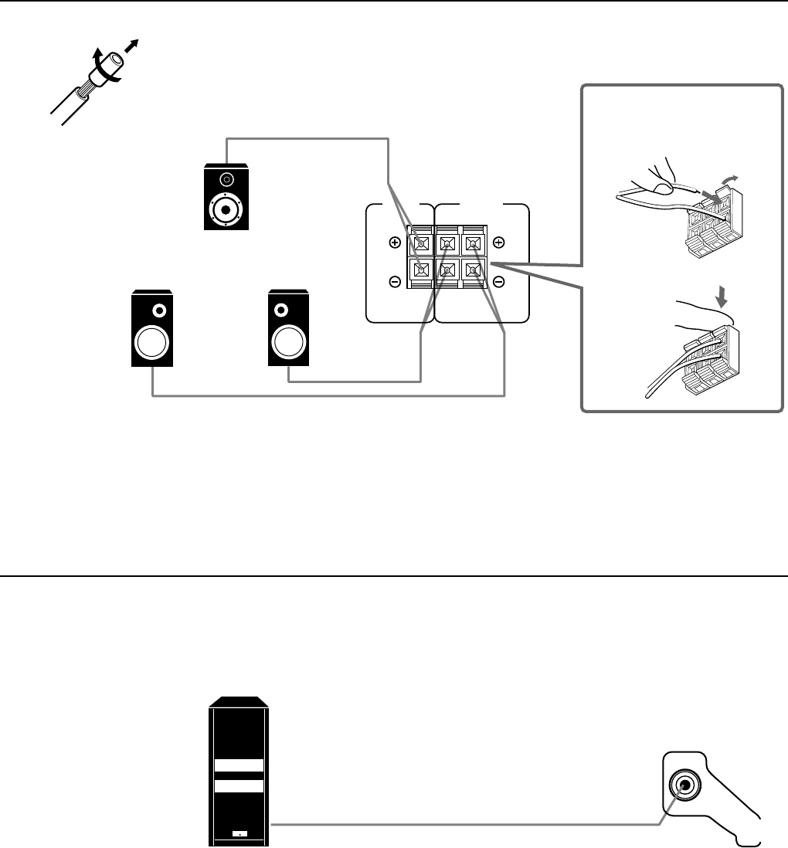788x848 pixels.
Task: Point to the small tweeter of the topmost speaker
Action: (x=226, y=180)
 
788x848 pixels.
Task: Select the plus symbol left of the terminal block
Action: (x=395, y=243)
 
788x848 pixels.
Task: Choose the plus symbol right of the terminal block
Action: (x=498, y=243)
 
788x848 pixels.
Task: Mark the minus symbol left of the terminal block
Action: (x=395, y=282)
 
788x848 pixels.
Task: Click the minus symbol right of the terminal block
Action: (x=498, y=282)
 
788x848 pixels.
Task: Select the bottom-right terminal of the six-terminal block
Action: (x=472, y=271)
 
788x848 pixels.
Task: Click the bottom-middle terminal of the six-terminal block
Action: (x=447, y=271)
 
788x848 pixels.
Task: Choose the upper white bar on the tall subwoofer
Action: (x=239, y=766)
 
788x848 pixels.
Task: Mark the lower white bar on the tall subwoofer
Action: (x=239, y=786)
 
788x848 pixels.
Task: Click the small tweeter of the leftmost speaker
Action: (x=159, y=310)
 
